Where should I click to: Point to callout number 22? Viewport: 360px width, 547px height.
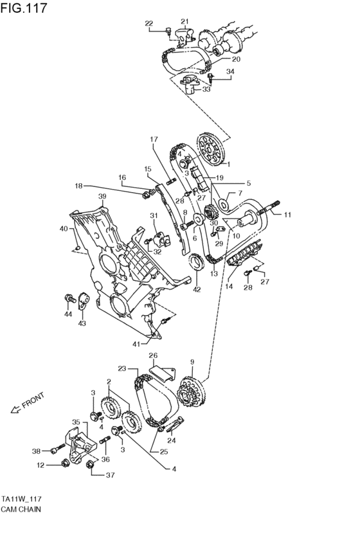click(149, 24)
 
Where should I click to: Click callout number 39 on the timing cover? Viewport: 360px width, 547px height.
click(102, 196)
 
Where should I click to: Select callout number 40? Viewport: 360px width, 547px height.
click(63, 229)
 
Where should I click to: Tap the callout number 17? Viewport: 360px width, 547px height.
click(154, 139)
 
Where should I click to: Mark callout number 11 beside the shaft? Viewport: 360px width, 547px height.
click(287, 215)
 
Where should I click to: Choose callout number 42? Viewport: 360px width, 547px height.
click(197, 289)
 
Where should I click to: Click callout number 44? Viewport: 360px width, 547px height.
click(67, 315)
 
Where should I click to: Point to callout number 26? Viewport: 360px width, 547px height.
click(153, 355)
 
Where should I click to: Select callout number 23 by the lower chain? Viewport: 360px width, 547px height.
click(122, 369)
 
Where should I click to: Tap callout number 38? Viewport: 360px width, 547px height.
click(37, 451)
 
